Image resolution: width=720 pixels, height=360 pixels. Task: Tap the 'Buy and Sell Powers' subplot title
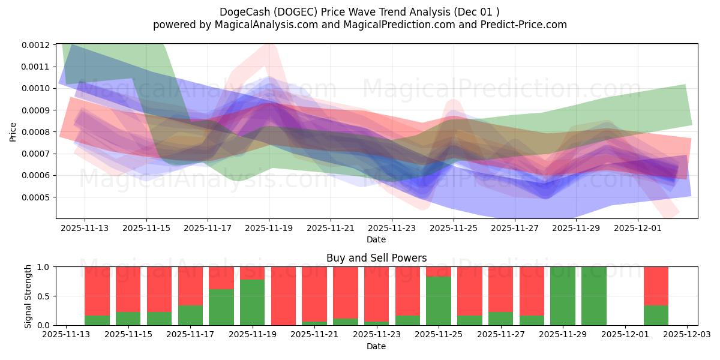click(376, 258)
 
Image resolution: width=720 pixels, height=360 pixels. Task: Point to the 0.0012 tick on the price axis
click(38, 45)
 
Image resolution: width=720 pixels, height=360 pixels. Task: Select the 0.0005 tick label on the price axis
click(38, 197)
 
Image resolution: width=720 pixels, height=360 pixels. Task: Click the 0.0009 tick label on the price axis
click(38, 110)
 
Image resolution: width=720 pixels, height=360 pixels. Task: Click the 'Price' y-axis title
click(13, 132)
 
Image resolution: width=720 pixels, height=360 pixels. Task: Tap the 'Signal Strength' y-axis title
click(28, 296)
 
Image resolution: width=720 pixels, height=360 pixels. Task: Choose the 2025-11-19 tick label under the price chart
click(269, 228)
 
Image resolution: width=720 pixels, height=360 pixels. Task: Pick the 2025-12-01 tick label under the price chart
click(637, 228)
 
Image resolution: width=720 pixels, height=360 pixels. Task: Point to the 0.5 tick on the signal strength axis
click(44, 296)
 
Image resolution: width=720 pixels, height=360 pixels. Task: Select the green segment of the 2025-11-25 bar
click(439, 301)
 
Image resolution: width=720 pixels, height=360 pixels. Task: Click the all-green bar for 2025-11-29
click(563, 296)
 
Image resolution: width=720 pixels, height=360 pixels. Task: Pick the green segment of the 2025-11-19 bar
click(253, 302)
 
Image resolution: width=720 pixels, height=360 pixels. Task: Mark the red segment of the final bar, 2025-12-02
click(656, 286)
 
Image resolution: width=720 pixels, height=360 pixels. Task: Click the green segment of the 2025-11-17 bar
click(190, 316)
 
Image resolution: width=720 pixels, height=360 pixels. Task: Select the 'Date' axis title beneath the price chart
click(376, 239)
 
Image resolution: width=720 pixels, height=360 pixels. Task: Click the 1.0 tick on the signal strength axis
click(44, 267)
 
